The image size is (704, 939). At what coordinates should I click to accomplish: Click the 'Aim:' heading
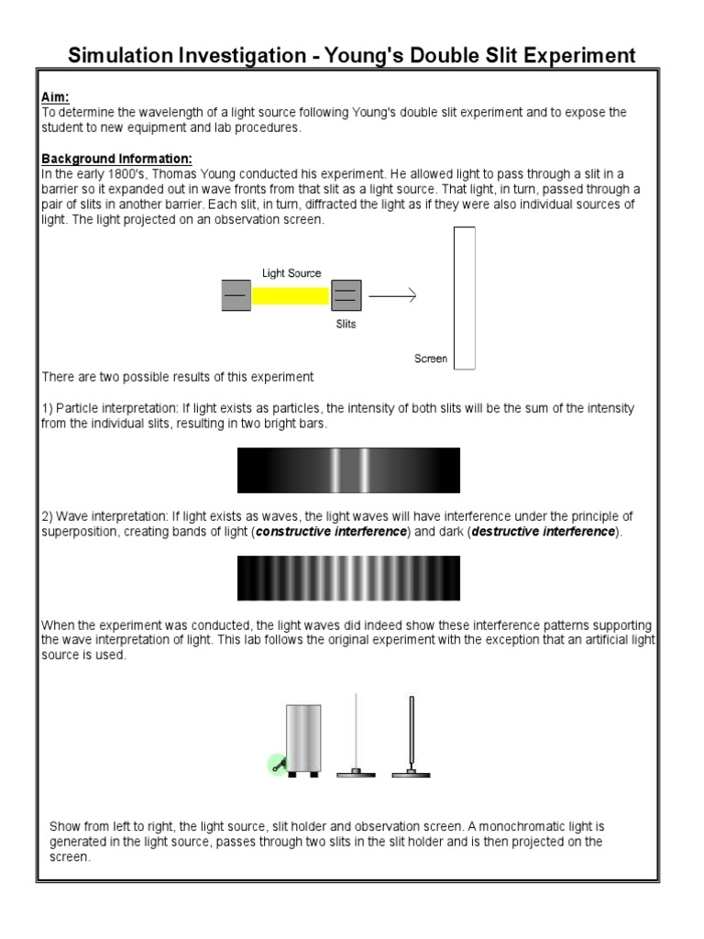click(x=56, y=96)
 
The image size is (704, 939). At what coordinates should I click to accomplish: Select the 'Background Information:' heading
click(x=116, y=158)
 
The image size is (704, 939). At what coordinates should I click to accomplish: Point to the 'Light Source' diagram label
click(x=291, y=273)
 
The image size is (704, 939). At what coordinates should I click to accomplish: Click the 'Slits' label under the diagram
click(x=346, y=324)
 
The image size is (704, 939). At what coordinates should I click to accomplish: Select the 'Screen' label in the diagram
click(x=431, y=359)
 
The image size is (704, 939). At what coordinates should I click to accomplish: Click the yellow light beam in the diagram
click(x=291, y=296)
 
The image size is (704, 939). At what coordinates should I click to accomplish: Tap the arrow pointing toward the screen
click(x=392, y=295)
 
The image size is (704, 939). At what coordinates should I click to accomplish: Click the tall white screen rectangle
click(x=465, y=298)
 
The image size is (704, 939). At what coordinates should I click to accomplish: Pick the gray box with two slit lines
click(x=346, y=296)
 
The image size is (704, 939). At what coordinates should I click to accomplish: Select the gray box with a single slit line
click(x=236, y=296)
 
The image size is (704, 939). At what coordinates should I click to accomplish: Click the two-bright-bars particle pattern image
click(x=348, y=470)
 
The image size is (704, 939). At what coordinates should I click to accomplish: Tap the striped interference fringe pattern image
click(x=348, y=579)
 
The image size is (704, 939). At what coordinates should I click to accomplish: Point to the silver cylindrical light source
click(x=303, y=737)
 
